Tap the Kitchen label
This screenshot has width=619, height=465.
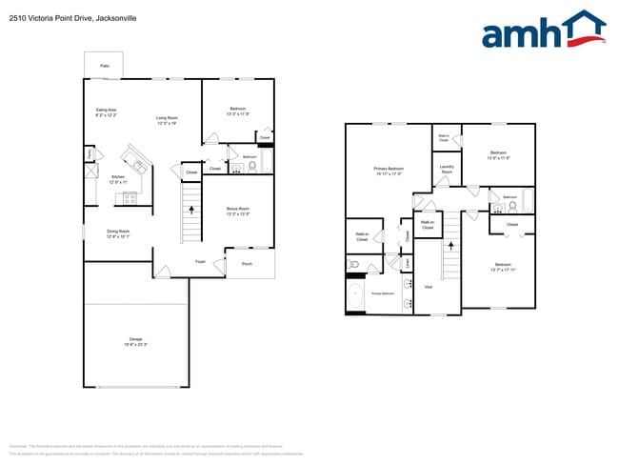(x=118, y=179)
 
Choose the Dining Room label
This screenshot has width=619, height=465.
(x=118, y=233)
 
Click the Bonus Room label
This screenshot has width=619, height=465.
(x=237, y=212)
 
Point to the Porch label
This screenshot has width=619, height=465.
(x=247, y=264)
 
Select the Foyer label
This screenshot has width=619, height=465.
(x=201, y=261)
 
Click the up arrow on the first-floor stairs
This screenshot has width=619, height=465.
(x=191, y=209)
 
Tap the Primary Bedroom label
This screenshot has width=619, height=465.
(x=389, y=172)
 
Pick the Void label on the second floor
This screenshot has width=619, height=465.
(x=428, y=287)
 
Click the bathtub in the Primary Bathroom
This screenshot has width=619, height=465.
(x=355, y=296)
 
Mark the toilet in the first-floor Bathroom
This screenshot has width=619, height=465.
(x=252, y=167)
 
